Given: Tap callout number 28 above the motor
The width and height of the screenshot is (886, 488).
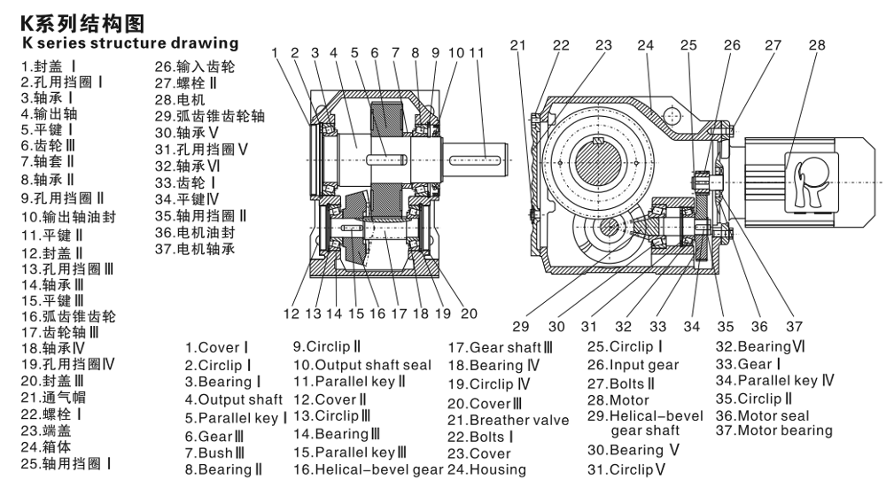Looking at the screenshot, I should point(816,45).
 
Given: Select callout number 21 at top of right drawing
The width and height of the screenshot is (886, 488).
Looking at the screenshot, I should point(518,45).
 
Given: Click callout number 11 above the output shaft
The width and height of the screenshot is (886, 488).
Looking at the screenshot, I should point(477,53).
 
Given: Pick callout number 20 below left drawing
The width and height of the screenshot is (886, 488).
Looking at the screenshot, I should point(469,313).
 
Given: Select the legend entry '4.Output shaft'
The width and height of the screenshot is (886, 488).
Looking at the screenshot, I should point(234,400).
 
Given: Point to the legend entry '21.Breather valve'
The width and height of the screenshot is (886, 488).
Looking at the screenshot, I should point(508,420).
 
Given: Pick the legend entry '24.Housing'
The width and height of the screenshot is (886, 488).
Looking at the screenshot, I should point(486,469).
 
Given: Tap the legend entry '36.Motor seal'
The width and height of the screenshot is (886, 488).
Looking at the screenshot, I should point(762,415).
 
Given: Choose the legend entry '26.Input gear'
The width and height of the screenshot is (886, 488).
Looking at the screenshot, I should point(633,365).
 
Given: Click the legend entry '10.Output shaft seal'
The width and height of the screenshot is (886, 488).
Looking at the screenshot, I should point(362,365).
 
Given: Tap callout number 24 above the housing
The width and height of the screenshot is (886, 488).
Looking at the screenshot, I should point(645,45).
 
